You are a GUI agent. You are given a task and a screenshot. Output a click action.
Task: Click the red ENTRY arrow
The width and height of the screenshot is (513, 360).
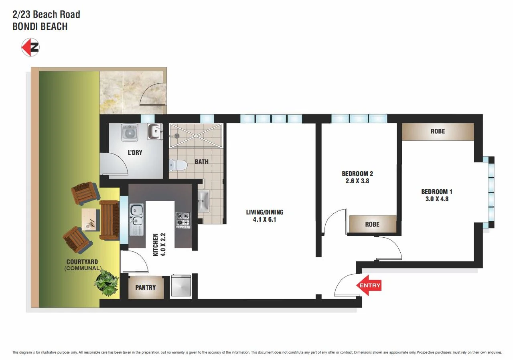tap(369, 285)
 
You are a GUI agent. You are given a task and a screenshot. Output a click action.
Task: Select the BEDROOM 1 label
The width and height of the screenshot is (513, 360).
tap(437, 192)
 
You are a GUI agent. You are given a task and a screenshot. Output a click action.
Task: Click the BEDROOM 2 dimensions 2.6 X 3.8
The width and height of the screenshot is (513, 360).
tap(357, 181)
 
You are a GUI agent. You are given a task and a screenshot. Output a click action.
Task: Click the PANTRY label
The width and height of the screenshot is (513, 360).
tap(145, 287)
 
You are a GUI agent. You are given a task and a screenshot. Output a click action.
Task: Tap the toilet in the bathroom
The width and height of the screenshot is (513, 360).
tap(178, 165)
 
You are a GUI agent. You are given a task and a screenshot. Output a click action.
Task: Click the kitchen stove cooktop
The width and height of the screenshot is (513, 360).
tap(183, 220)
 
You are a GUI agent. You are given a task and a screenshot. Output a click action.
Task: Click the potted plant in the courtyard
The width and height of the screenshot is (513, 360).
tap(107, 282)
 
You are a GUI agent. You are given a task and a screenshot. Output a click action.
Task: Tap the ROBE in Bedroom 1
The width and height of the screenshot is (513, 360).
tap(438, 131)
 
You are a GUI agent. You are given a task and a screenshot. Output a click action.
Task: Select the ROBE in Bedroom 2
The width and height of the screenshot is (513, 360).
tap(372, 224)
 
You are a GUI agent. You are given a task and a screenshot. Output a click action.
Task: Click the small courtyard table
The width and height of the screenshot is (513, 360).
tap(90, 219)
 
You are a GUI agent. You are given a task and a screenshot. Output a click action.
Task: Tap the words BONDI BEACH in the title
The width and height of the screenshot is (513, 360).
tap(40, 27)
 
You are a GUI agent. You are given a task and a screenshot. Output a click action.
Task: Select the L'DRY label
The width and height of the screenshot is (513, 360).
tap(135, 153)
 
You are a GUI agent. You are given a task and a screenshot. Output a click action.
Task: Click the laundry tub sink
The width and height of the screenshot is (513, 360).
tap(154, 131)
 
